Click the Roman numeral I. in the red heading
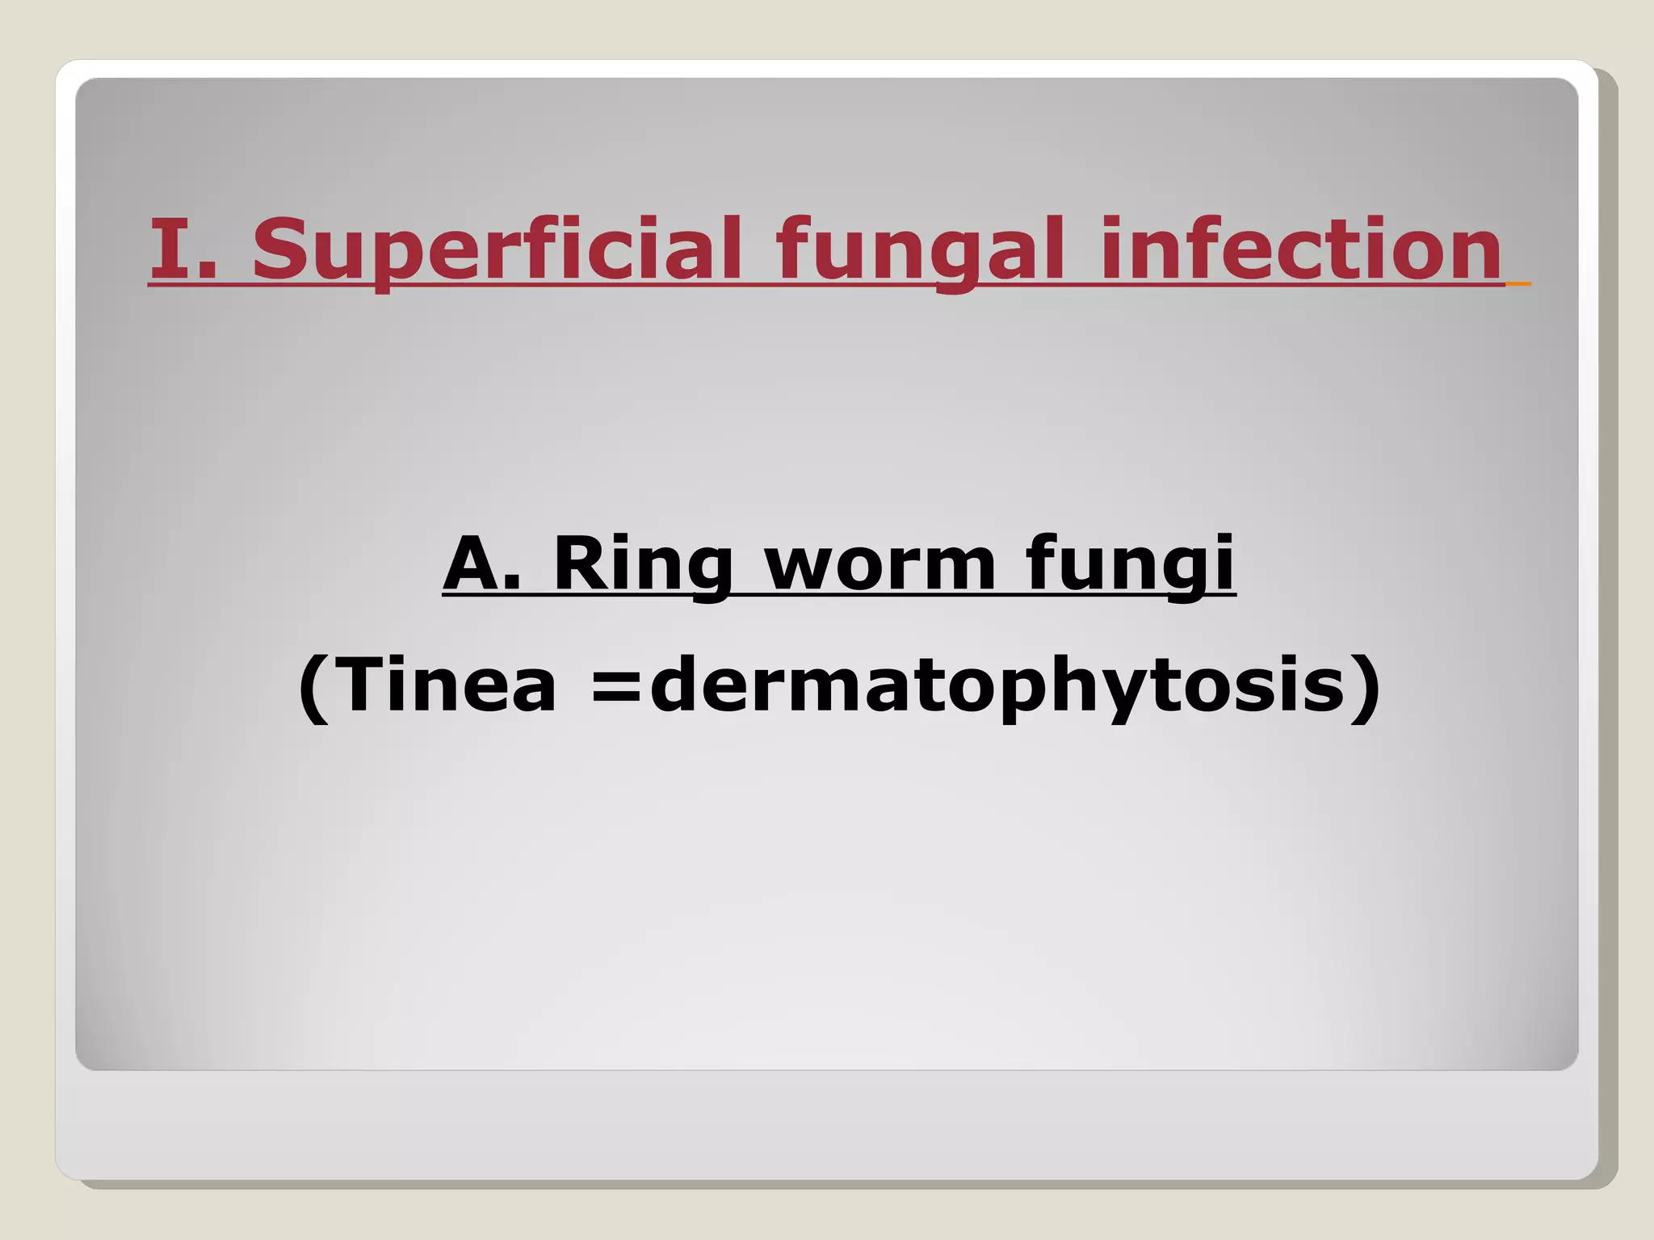point(183,248)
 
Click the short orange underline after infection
point(1518,283)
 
